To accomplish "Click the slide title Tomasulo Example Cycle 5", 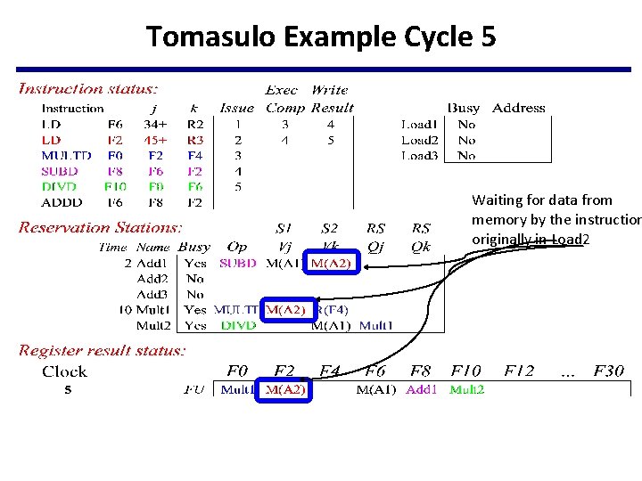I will click(x=321, y=37).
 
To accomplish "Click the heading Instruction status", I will click(x=88, y=88).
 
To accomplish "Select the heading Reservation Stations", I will click(x=100, y=228).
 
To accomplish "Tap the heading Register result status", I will click(x=103, y=351).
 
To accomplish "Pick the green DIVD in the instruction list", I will click(x=60, y=187).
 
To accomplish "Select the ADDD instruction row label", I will click(x=62, y=203).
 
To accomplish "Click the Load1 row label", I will click(x=419, y=125).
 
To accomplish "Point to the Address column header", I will click(x=518, y=109).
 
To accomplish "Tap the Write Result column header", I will click(x=332, y=99).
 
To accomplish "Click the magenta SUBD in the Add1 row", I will click(x=237, y=263).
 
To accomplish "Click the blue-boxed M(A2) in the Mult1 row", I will click(x=285, y=310).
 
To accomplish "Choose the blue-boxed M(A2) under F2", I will click(x=284, y=389).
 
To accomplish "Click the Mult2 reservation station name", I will click(x=152, y=326).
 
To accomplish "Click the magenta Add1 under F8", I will click(x=421, y=389).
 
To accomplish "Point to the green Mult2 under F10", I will click(x=466, y=389).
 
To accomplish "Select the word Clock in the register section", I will click(x=64, y=371).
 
